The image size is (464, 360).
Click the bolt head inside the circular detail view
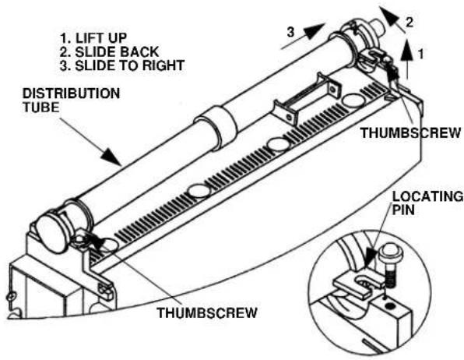click(388, 251)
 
